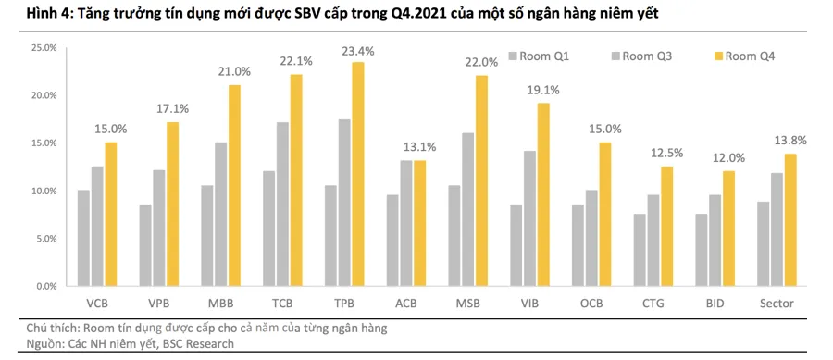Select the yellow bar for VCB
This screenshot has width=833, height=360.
[136, 214]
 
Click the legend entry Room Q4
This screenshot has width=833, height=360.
[749, 56]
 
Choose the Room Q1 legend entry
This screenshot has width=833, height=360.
[548, 56]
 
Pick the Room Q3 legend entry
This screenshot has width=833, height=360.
[647, 56]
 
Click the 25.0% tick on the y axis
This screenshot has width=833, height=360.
[44, 47]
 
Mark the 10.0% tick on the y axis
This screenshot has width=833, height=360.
[44, 191]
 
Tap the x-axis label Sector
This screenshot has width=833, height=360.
[776, 304]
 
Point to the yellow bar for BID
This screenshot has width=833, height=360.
[727, 229]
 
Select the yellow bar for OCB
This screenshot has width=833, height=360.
[603, 214]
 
